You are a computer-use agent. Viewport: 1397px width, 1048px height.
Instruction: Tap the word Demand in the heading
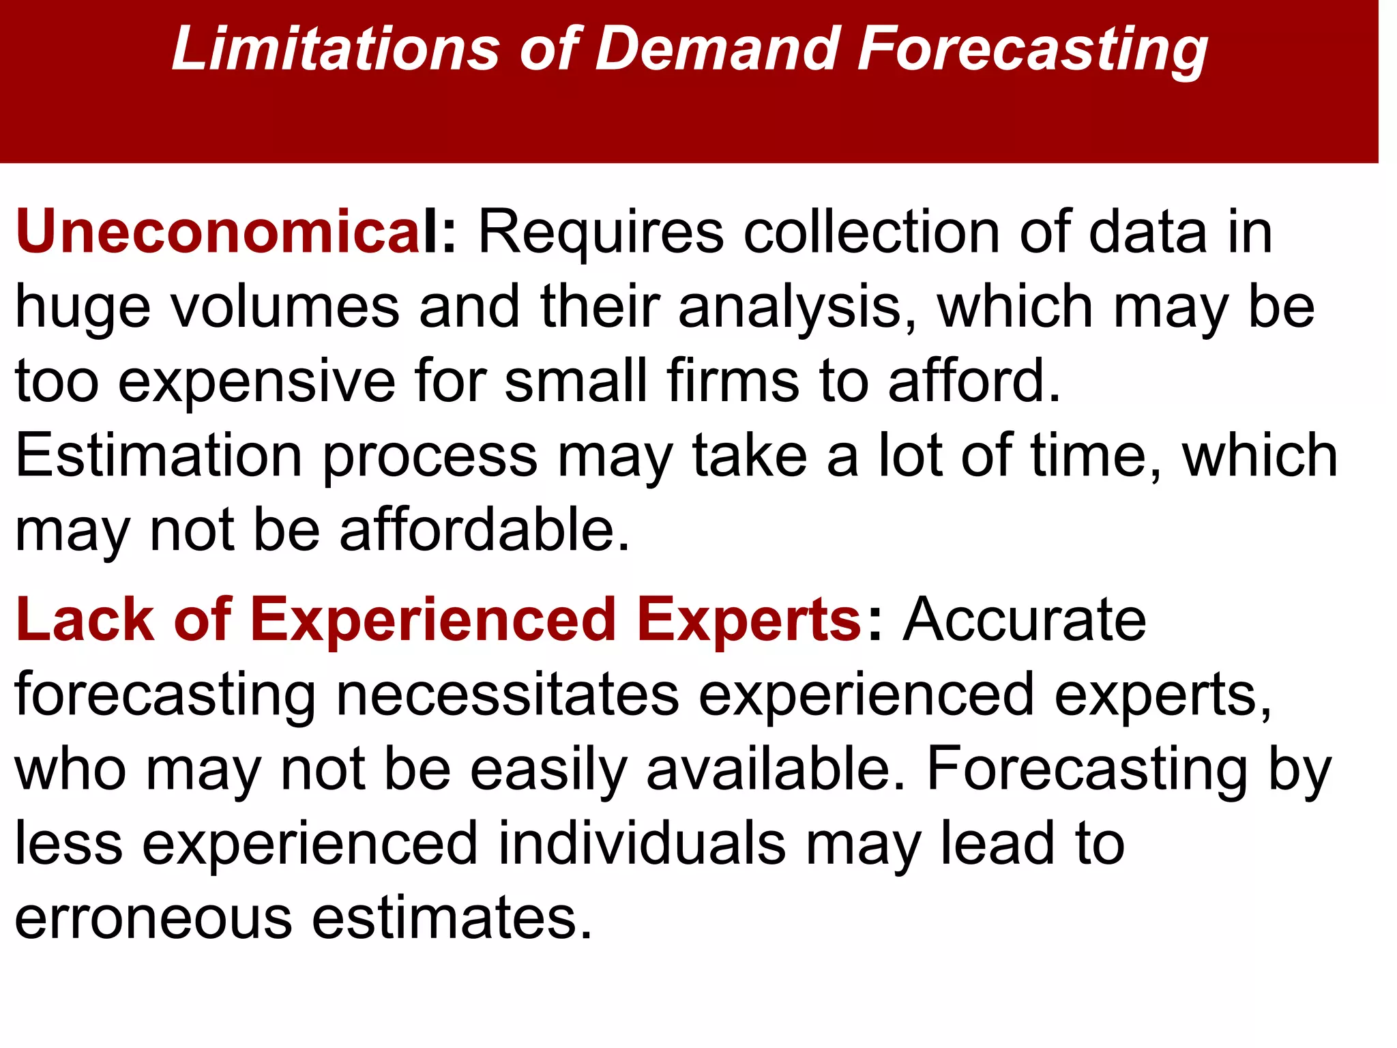(717, 49)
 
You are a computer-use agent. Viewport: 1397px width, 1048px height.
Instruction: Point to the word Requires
(600, 232)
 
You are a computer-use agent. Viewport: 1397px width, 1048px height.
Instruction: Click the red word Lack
(85, 620)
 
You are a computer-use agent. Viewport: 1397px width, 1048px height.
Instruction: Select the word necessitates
(508, 695)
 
